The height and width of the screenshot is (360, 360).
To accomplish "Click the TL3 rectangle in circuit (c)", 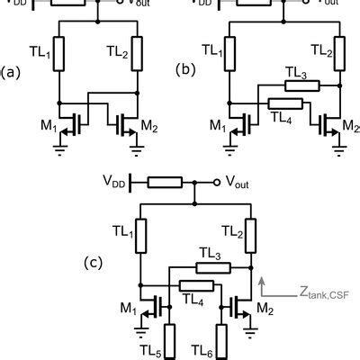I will [x=212, y=267].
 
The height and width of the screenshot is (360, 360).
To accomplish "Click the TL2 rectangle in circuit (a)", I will [x=137, y=52].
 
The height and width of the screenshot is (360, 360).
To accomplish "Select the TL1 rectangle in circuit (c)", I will [x=139, y=234].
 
